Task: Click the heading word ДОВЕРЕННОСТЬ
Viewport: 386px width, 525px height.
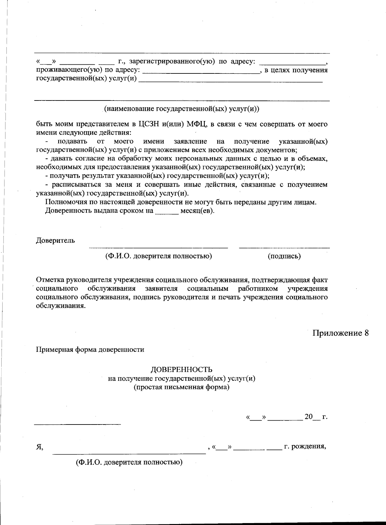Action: coord(181,369)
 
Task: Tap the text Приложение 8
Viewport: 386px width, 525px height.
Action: coord(340,333)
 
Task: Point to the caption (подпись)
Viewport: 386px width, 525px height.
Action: coord(284,256)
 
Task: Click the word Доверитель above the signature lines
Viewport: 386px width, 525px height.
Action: coord(55,240)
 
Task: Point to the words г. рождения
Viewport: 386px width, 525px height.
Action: coord(305,447)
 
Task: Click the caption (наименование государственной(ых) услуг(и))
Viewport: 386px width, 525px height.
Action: coord(181,109)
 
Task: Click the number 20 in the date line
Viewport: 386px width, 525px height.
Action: coord(308,416)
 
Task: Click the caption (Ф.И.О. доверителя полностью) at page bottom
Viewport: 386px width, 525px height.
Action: coord(129,463)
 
